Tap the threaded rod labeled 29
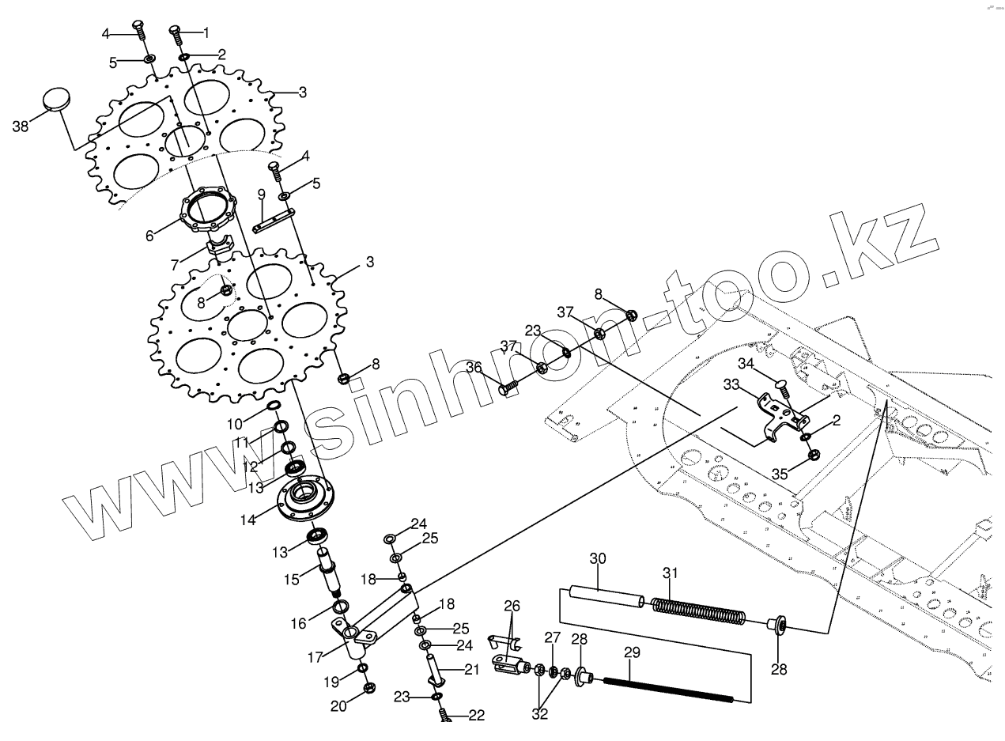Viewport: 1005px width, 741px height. pyautogui.click(x=668, y=689)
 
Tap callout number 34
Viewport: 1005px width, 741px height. pyautogui.click(x=746, y=363)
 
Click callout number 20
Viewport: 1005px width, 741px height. pyautogui.click(x=338, y=706)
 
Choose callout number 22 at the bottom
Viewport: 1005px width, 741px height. pyautogui.click(x=475, y=715)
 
